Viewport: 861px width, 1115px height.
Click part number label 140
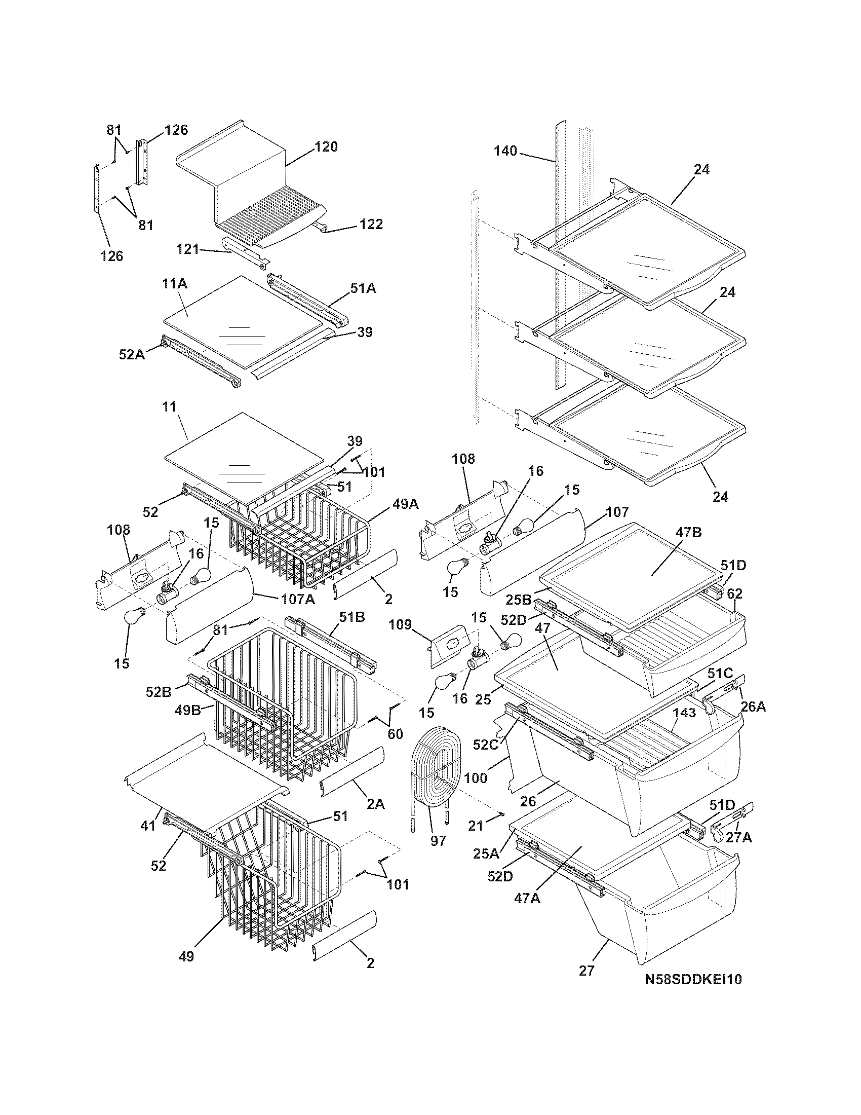(505, 151)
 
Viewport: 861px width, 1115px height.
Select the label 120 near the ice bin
(326, 147)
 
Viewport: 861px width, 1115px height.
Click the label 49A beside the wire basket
(406, 504)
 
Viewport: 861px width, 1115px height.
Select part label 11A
(174, 283)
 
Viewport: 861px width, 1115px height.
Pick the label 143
(684, 713)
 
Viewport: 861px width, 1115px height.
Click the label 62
(735, 594)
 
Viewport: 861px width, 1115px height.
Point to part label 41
(148, 826)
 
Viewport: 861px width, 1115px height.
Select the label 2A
(375, 804)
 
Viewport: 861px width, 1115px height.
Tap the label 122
(371, 225)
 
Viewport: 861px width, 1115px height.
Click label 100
(476, 778)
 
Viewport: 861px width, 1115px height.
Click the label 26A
(753, 707)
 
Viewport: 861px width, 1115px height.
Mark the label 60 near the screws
(396, 734)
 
